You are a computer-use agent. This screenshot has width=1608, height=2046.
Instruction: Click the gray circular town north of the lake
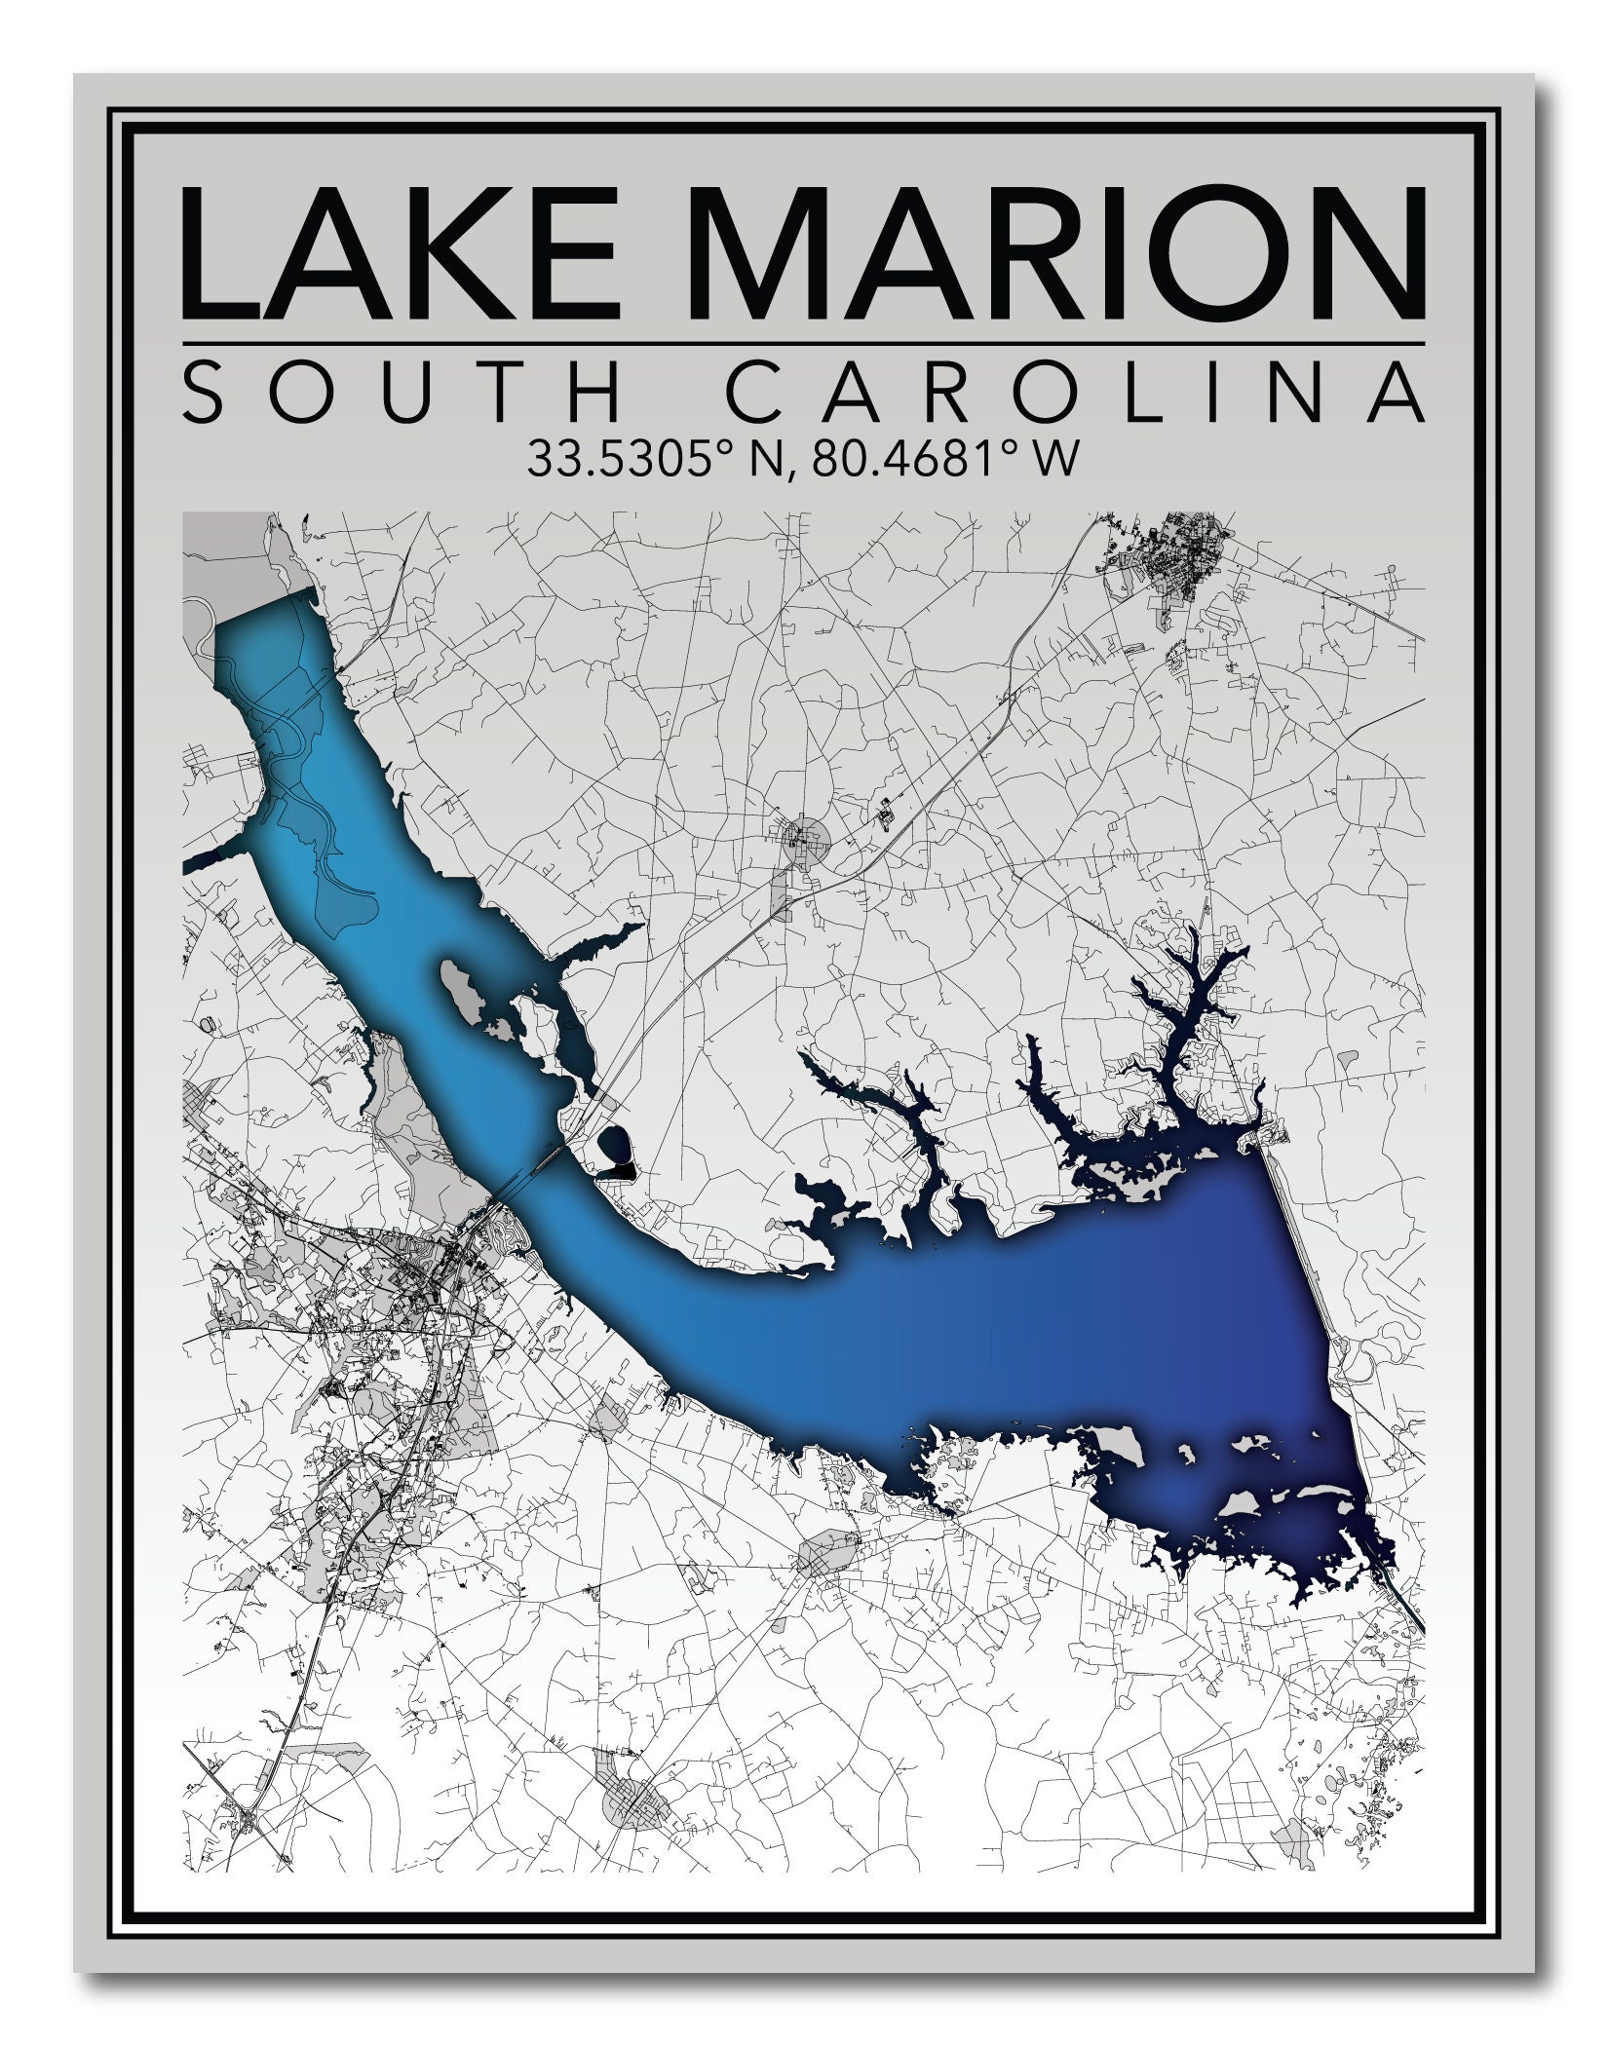point(805,835)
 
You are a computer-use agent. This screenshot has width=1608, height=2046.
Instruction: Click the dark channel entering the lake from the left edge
point(210,858)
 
